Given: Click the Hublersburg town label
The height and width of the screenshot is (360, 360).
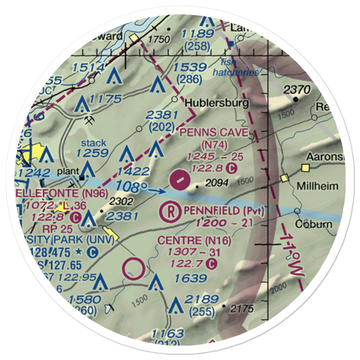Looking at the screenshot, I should tap(216, 104).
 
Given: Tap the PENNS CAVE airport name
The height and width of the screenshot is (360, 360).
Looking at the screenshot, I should tap(214, 133).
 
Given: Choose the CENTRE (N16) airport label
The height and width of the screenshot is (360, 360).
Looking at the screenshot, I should tap(194, 240).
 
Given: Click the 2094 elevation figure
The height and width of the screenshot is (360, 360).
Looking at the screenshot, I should tap(217, 184).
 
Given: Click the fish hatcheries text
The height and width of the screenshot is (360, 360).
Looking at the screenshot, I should tap(235, 67).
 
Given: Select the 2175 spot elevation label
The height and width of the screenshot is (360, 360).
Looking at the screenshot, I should tap(242, 309).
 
